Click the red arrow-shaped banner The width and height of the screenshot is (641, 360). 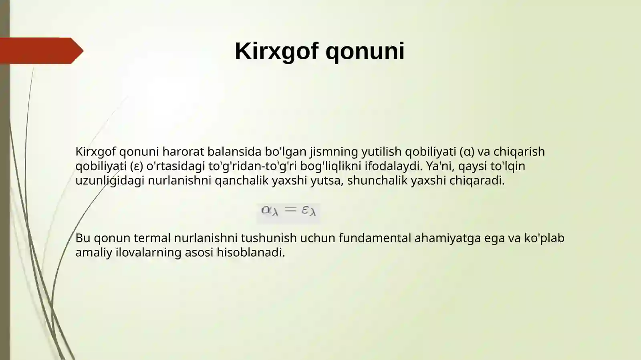point(40,51)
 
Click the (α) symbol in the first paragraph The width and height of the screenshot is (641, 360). point(467,152)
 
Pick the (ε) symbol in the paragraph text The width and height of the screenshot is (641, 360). point(137,166)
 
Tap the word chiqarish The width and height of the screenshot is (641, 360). point(519,152)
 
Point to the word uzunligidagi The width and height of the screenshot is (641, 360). point(110,181)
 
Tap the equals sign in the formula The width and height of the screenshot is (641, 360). point(290,209)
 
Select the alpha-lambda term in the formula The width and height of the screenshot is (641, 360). point(269,210)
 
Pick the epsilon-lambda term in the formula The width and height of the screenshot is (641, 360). point(308,210)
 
